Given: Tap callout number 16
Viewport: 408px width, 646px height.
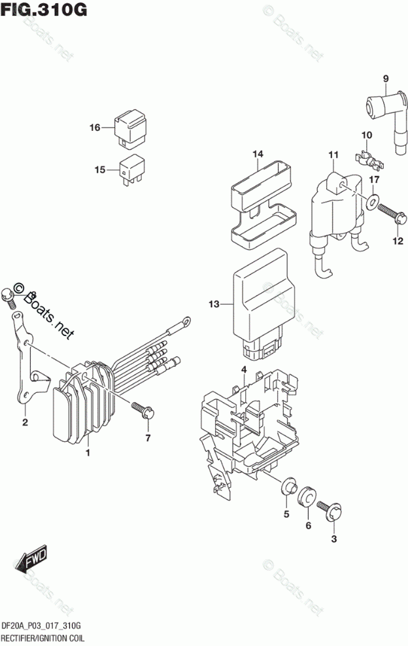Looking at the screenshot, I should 95,127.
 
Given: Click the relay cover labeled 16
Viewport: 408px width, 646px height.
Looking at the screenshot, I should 131,128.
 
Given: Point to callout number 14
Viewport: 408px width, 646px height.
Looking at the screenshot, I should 258,154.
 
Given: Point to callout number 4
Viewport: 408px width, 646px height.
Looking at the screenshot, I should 243,371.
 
